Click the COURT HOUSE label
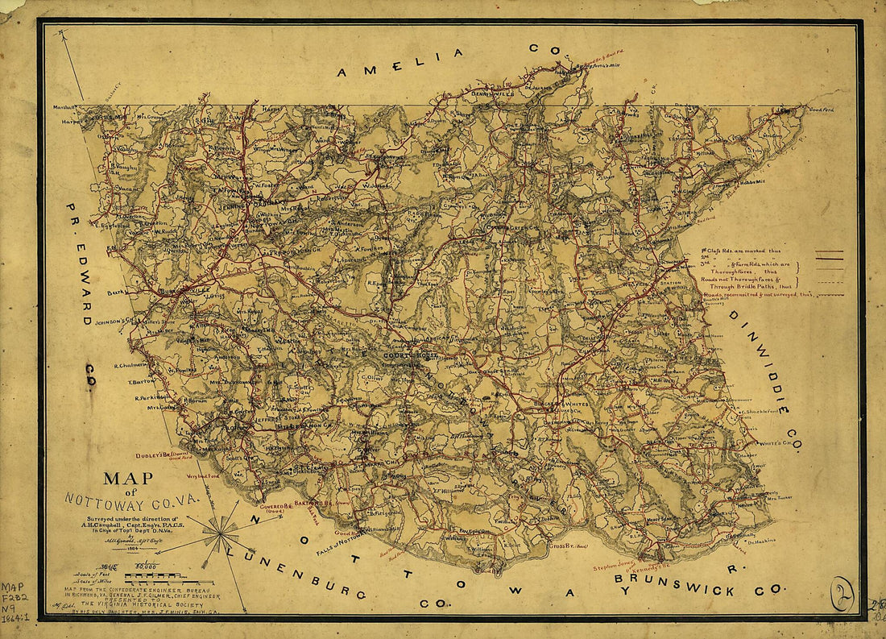(x=407, y=355)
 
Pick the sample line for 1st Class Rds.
(x=829, y=252)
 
